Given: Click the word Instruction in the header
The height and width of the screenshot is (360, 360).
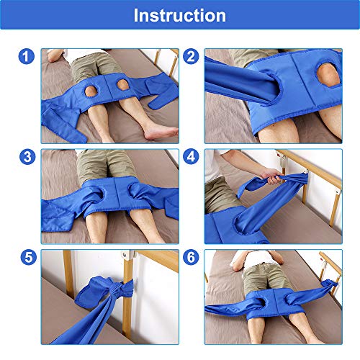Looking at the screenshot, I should coord(179,15).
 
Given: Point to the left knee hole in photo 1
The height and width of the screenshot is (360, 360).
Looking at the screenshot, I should coord(90,91).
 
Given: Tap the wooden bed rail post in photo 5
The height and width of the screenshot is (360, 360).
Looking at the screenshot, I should coord(130,288).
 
